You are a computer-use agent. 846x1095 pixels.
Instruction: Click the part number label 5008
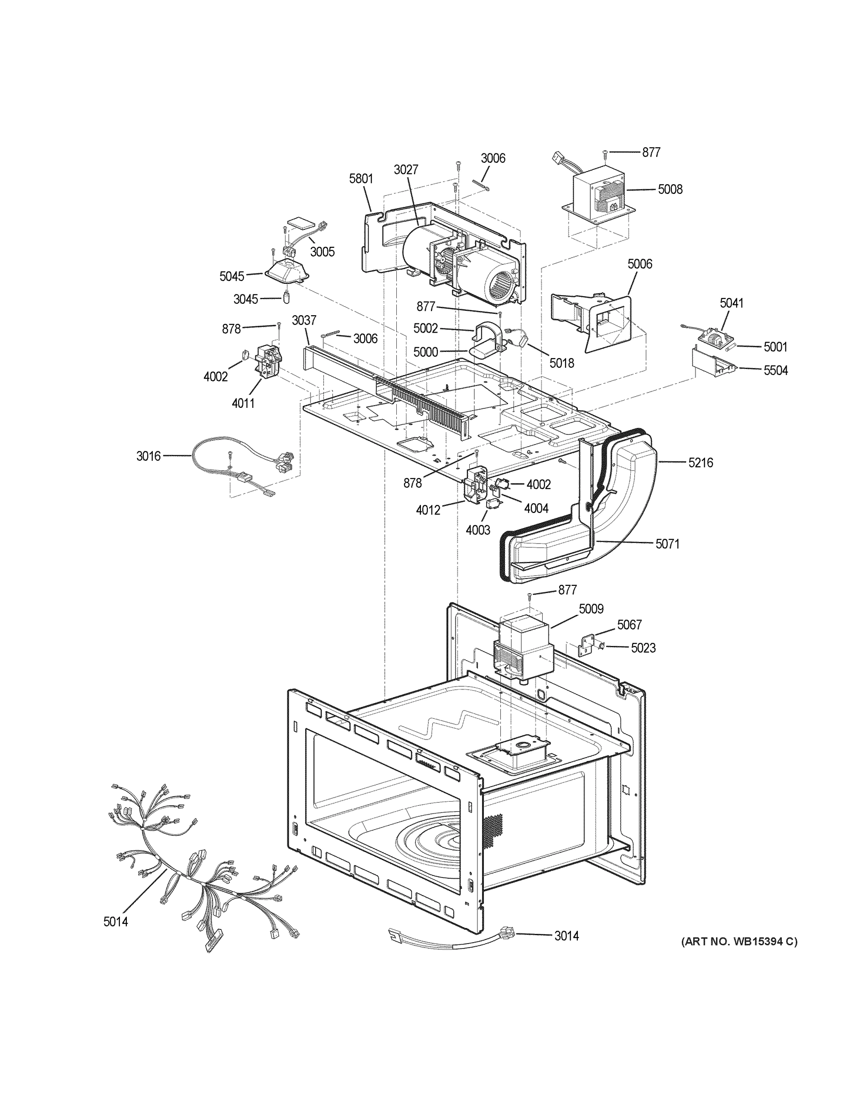pos(670,189)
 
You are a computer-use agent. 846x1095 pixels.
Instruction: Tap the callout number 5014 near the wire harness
pos(115,977)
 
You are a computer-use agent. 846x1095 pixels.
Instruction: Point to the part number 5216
pos(700,462)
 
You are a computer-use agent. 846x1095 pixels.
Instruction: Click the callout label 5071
pos(667,543)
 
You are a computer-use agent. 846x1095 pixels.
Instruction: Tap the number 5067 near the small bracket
pos(629,625)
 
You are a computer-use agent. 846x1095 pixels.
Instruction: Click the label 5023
pos(643,648)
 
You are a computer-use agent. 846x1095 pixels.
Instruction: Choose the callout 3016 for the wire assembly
pos(148,456)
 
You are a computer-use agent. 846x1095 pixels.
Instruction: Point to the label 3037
pos(304,320)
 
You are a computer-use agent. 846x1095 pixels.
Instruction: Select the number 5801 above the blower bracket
pos(361,179)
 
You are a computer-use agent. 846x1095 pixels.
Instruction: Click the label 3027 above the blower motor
pos(405,169)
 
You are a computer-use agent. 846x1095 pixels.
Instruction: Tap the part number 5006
pos(639,264)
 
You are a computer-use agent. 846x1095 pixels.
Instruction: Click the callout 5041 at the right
pos(731,303)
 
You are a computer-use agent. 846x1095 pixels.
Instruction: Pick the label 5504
pos(775,370)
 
